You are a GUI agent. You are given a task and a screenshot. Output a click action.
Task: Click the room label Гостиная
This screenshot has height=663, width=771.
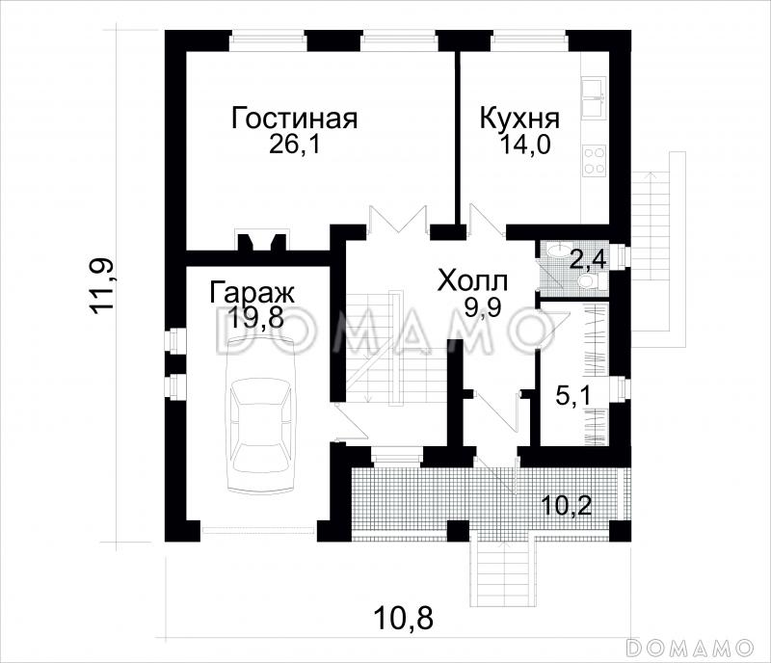click(295, 119)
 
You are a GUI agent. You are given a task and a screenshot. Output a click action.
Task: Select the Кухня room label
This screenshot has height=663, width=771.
click(519, 119)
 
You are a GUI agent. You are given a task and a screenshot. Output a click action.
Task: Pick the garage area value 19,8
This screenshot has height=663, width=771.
click(256, 318)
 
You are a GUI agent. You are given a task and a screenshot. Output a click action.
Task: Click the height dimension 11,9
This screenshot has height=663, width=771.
click(103, 284)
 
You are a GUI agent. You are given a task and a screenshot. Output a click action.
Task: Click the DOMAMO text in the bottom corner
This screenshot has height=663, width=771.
click(689, 645)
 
